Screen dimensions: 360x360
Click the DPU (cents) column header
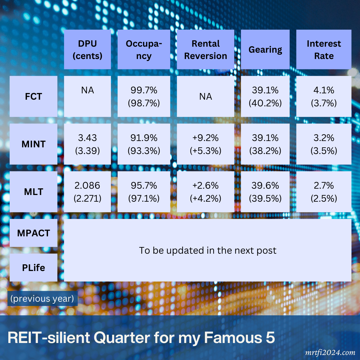87,50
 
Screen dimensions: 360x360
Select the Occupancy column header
144,50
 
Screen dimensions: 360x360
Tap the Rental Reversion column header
205,50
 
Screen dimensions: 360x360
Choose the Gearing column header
265,50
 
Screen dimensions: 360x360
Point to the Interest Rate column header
324,50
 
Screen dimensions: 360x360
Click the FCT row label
33,96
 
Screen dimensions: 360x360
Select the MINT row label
33,144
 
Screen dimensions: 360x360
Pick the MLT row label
33,192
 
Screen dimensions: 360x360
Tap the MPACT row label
33,233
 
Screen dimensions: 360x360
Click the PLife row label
33,267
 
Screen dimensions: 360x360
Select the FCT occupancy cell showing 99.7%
144,96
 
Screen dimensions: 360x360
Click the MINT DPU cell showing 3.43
87,144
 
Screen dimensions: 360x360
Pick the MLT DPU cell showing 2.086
87,192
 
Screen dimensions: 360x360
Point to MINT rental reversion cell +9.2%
205,144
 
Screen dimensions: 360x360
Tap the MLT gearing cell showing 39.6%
265,192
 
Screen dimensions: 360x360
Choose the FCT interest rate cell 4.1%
324,96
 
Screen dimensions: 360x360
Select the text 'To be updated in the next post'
207,250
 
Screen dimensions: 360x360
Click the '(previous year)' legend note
42,298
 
